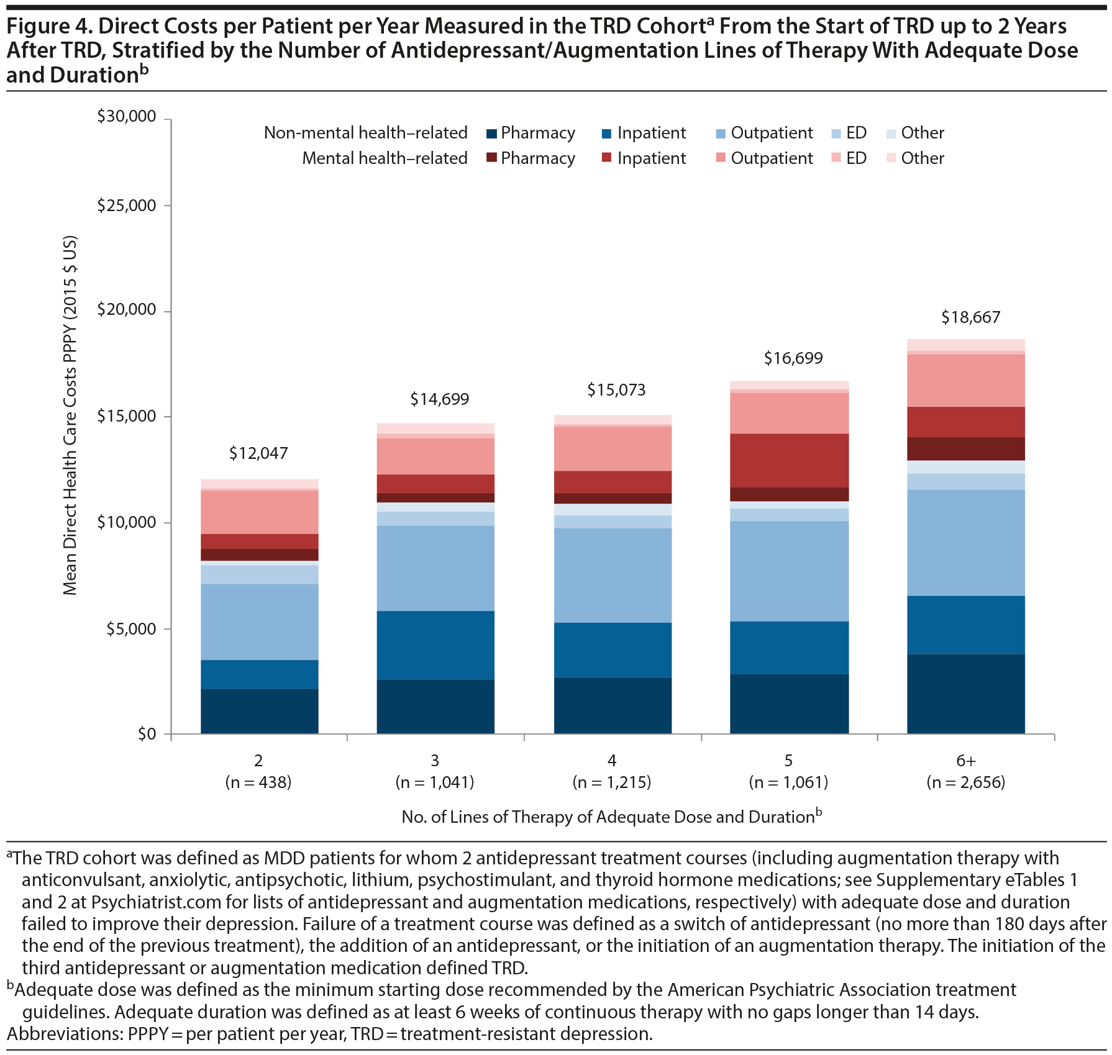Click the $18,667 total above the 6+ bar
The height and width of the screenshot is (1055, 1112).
click(x=970, y=317)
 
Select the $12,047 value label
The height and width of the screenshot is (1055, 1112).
click(x=258, y=453)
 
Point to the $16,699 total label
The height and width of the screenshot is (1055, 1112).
click(x=793, y=358)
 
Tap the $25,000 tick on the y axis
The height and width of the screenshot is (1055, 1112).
click(x=126, y=206)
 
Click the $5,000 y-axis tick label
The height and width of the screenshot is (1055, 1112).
click(x=130, y=629)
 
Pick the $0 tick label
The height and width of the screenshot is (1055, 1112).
click(x=146, y=735)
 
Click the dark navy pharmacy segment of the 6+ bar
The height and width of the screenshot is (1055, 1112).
click(x=965, y=694)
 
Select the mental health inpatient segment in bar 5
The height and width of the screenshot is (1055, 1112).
click(x=789, y=460)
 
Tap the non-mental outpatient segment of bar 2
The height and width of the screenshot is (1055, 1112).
click(x=259, y=622)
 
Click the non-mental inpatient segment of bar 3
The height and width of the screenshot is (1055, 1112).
click(x=435, y=645)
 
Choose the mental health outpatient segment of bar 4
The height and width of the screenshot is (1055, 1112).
click(x=613, y=448)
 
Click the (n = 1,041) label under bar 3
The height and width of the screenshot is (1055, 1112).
click(x=435, y=782)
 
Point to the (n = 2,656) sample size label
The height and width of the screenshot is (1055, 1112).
click(x=965, y=782)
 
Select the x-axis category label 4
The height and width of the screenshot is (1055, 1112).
click(x=612, y=761)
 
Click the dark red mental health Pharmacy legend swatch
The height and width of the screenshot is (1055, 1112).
click(x=491, y=158)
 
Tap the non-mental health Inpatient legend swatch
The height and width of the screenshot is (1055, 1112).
click(x=607, y=134)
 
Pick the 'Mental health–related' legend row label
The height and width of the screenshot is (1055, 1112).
click(x=385, y=158)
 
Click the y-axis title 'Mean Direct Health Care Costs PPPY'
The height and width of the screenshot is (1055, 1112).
click(x=70, y=415)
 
